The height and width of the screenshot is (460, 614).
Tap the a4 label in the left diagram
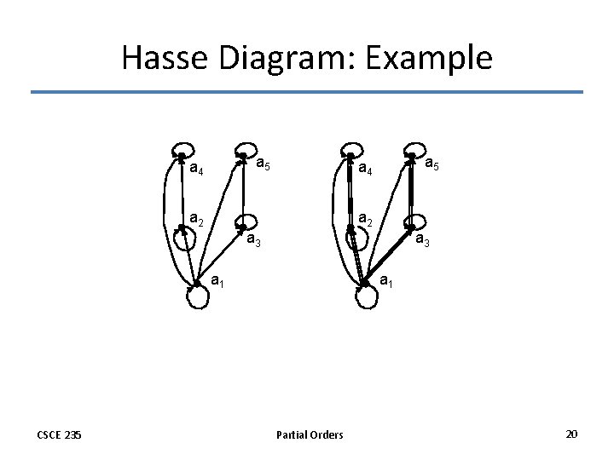click(196, 168)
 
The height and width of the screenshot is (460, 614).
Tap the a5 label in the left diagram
click(264, 161)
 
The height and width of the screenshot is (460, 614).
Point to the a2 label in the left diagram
click(196, 219)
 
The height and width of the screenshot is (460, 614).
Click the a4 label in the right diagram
click(365, 168)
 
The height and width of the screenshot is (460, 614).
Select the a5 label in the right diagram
click(432, 161)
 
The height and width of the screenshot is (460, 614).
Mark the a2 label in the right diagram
click(365, 219)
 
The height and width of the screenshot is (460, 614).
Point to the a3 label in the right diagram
click(422, 241)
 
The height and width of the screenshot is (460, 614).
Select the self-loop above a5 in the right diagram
click(414, 147)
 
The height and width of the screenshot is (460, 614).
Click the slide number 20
click(571, 434)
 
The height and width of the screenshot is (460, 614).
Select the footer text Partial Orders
click(310, 435)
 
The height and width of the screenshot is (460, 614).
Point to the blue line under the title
click(307, 92)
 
